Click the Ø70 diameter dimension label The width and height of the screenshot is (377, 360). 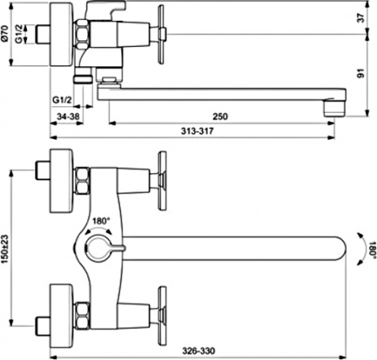pos(5,33)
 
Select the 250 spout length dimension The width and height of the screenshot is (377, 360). pos(220,116)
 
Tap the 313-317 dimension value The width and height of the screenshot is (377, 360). pos(197,131)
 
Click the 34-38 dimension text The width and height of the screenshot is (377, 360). pos(68,116)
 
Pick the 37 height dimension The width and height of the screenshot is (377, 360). pos(361,18)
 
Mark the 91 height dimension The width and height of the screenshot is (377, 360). pos(361,74)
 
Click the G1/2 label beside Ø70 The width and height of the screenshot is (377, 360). pos(18,33)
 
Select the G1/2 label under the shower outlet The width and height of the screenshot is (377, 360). pos(62,100)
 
